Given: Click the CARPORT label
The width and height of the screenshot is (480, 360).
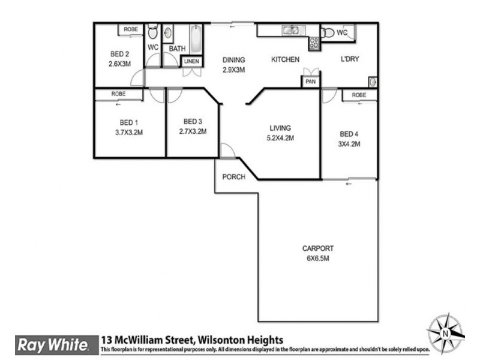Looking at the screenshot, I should [318, 248].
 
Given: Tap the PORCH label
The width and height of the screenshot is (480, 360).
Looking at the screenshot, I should [233, 177].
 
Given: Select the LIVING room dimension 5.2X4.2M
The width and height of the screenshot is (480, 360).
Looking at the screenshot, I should [280, 137].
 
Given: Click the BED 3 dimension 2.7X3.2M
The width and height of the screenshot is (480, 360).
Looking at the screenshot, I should [192, 131].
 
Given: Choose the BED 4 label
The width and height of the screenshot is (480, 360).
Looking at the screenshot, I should [349, 134].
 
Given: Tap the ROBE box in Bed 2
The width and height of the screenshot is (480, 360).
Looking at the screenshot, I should [130, 29].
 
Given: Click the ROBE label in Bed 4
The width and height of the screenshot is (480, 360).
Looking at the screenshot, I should [359, 95].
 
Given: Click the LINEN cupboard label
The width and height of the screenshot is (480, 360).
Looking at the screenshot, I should [191, 61].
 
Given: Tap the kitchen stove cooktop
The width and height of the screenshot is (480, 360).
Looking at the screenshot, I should [313, 43].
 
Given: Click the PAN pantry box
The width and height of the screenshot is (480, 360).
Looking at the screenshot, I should [310, 82].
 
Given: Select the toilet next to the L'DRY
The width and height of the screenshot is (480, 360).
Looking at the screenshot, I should [328, 33].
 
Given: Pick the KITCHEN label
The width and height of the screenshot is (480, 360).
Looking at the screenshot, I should [285, 60].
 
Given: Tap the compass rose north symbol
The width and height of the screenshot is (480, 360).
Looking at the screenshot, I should [446, 332].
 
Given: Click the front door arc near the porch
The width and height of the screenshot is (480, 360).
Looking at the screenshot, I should [227, 151].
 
